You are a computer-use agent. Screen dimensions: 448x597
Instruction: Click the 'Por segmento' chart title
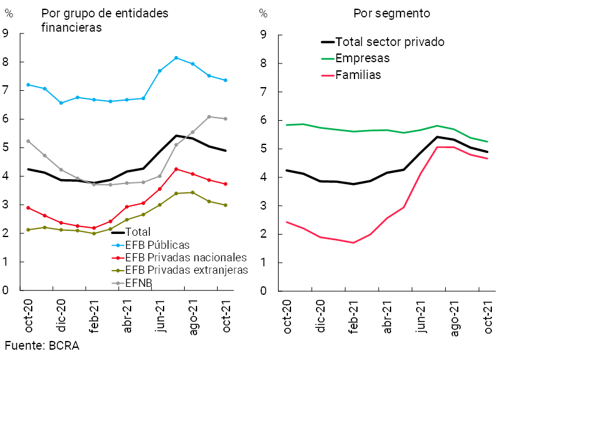[x=392, y=13]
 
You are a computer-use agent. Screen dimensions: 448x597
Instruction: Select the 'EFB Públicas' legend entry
[x=157, y=245]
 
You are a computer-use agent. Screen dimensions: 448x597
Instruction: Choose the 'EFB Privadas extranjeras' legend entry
[x=186, y=270]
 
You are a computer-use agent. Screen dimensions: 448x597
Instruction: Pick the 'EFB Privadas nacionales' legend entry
[x=186, y=258]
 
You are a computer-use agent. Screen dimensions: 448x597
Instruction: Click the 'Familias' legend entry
[x=358, y=75]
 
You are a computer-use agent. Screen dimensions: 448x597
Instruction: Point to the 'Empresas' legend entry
[x=363, y=58]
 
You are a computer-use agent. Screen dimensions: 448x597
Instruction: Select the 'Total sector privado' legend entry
[x=390, y=42]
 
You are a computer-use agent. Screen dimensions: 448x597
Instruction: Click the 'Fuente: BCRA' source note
[x=42, y=346]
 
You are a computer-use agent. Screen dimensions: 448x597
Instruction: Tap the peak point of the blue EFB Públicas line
[x=176, y=58]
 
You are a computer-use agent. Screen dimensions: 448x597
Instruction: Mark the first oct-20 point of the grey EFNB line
[x=28, y=141]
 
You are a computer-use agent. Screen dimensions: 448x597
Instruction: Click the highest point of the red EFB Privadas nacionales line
[x=176, y=169]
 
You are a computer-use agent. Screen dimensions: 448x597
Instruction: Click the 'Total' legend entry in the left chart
[x=138, y=232]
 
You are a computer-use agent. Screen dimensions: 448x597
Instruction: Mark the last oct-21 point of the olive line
[x=225, y=205]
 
